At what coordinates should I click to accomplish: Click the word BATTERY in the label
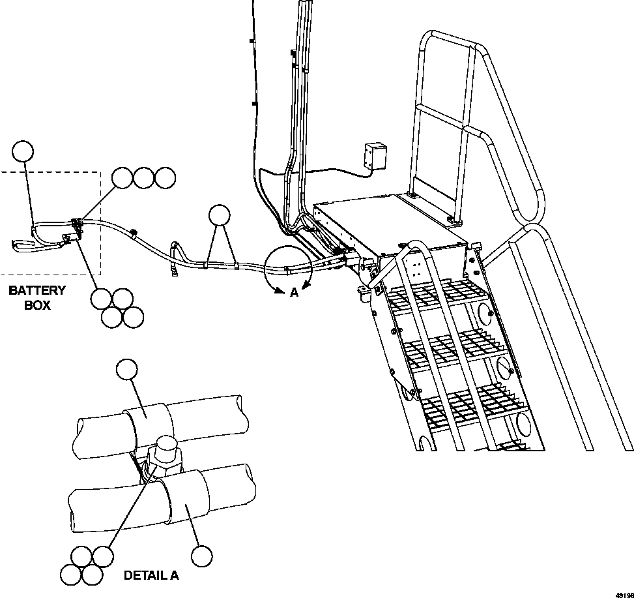coord(37,291)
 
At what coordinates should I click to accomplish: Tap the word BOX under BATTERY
coord(37,305)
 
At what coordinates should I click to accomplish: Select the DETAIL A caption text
coord(151,575)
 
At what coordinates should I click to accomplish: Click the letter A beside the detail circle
coord(294,293)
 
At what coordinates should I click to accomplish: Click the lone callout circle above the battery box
coord(23,151)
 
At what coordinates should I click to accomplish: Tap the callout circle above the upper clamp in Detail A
coord(126,370)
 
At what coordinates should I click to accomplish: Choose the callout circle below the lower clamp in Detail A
coord(202,556)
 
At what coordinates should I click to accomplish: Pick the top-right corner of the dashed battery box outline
coord(100,173)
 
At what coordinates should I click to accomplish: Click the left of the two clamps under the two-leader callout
coord(205,265)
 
